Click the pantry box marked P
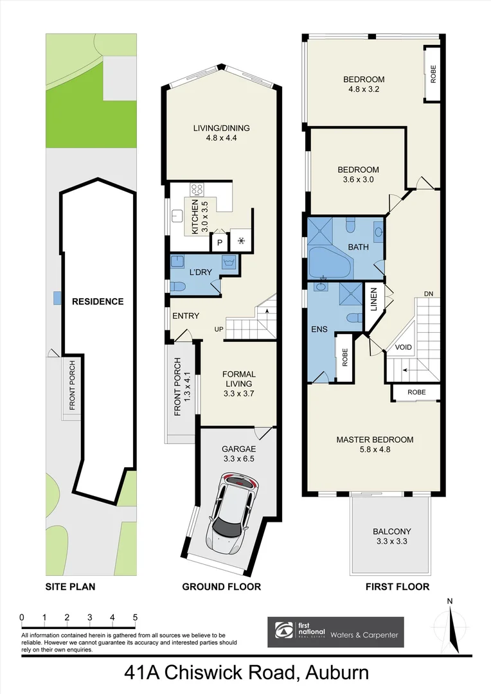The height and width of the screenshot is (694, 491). [219, 243]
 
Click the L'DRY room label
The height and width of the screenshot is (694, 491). [201, 272]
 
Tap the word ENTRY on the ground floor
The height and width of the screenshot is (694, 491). [186, 316]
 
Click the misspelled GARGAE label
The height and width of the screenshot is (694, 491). [238, 450]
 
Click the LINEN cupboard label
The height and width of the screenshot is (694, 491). [373, 299]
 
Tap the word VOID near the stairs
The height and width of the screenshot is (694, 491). [403, 347]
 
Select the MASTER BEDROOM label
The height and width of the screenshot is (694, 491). [375, 440]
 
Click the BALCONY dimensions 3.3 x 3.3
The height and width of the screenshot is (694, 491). [391, 542]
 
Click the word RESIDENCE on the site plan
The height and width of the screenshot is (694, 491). [97, 301]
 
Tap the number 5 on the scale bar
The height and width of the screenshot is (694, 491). [135, 618]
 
